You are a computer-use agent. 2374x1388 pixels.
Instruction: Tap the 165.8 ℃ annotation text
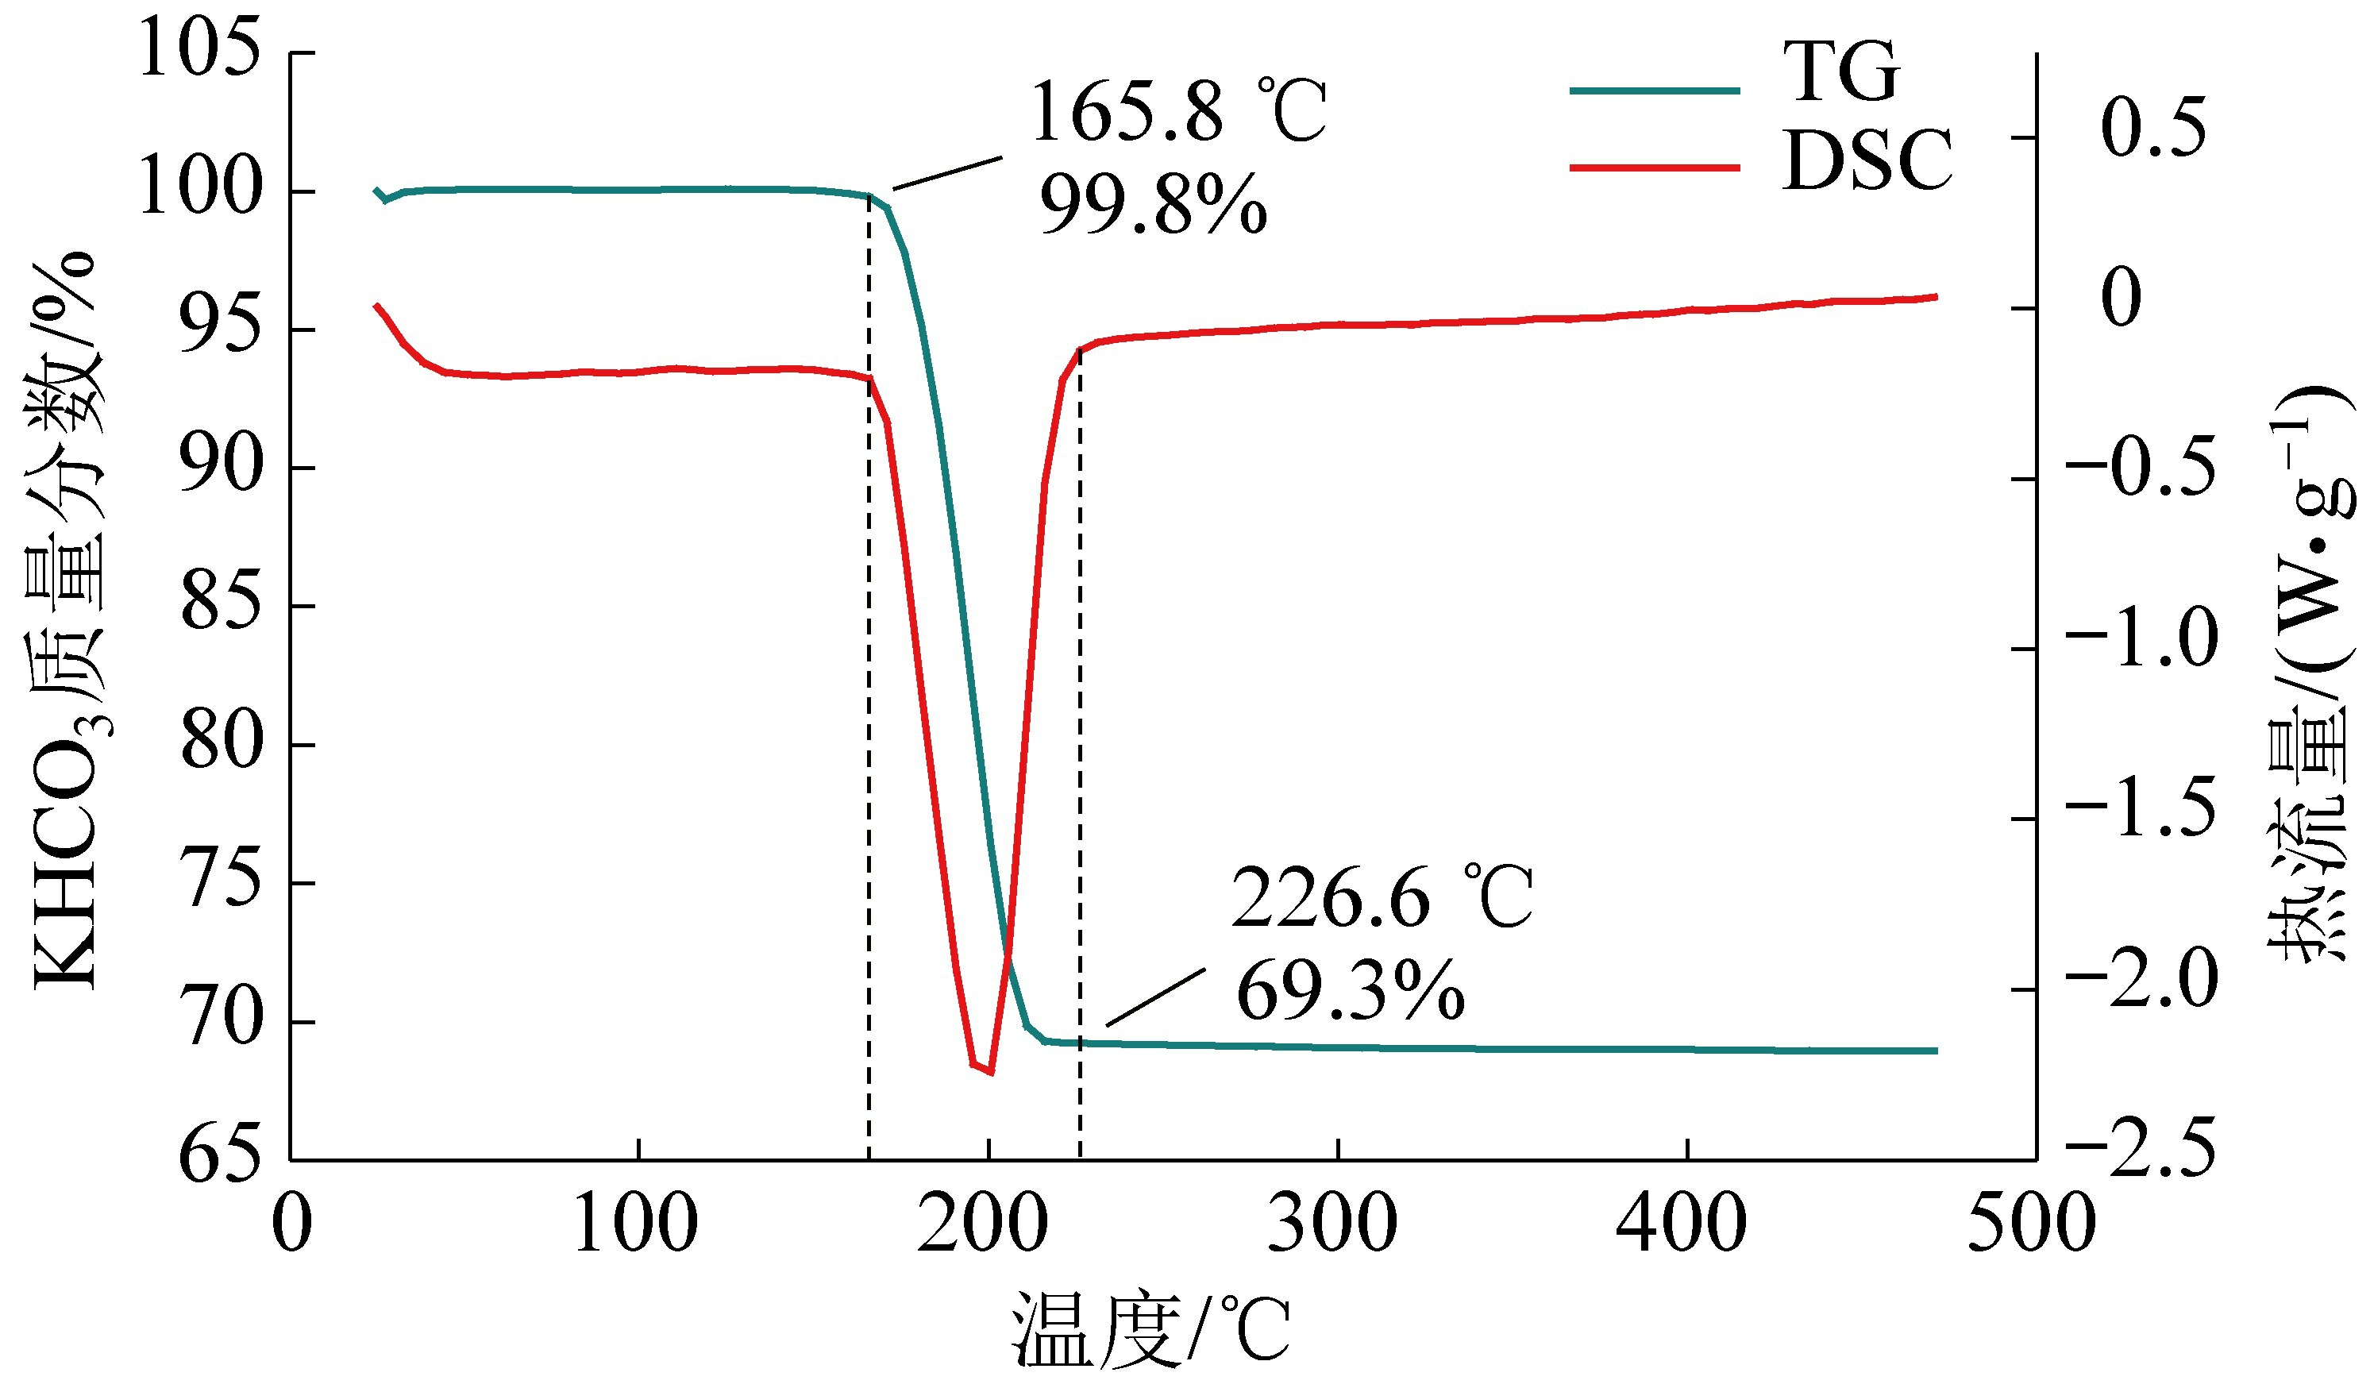1178,112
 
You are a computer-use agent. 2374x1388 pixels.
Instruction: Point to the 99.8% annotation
1153,205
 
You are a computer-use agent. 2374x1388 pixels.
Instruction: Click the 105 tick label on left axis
198,49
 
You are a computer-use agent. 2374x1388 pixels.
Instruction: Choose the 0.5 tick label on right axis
2152,127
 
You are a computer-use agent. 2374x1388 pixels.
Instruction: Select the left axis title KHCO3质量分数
66,622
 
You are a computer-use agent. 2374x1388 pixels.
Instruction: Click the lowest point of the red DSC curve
990,1072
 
